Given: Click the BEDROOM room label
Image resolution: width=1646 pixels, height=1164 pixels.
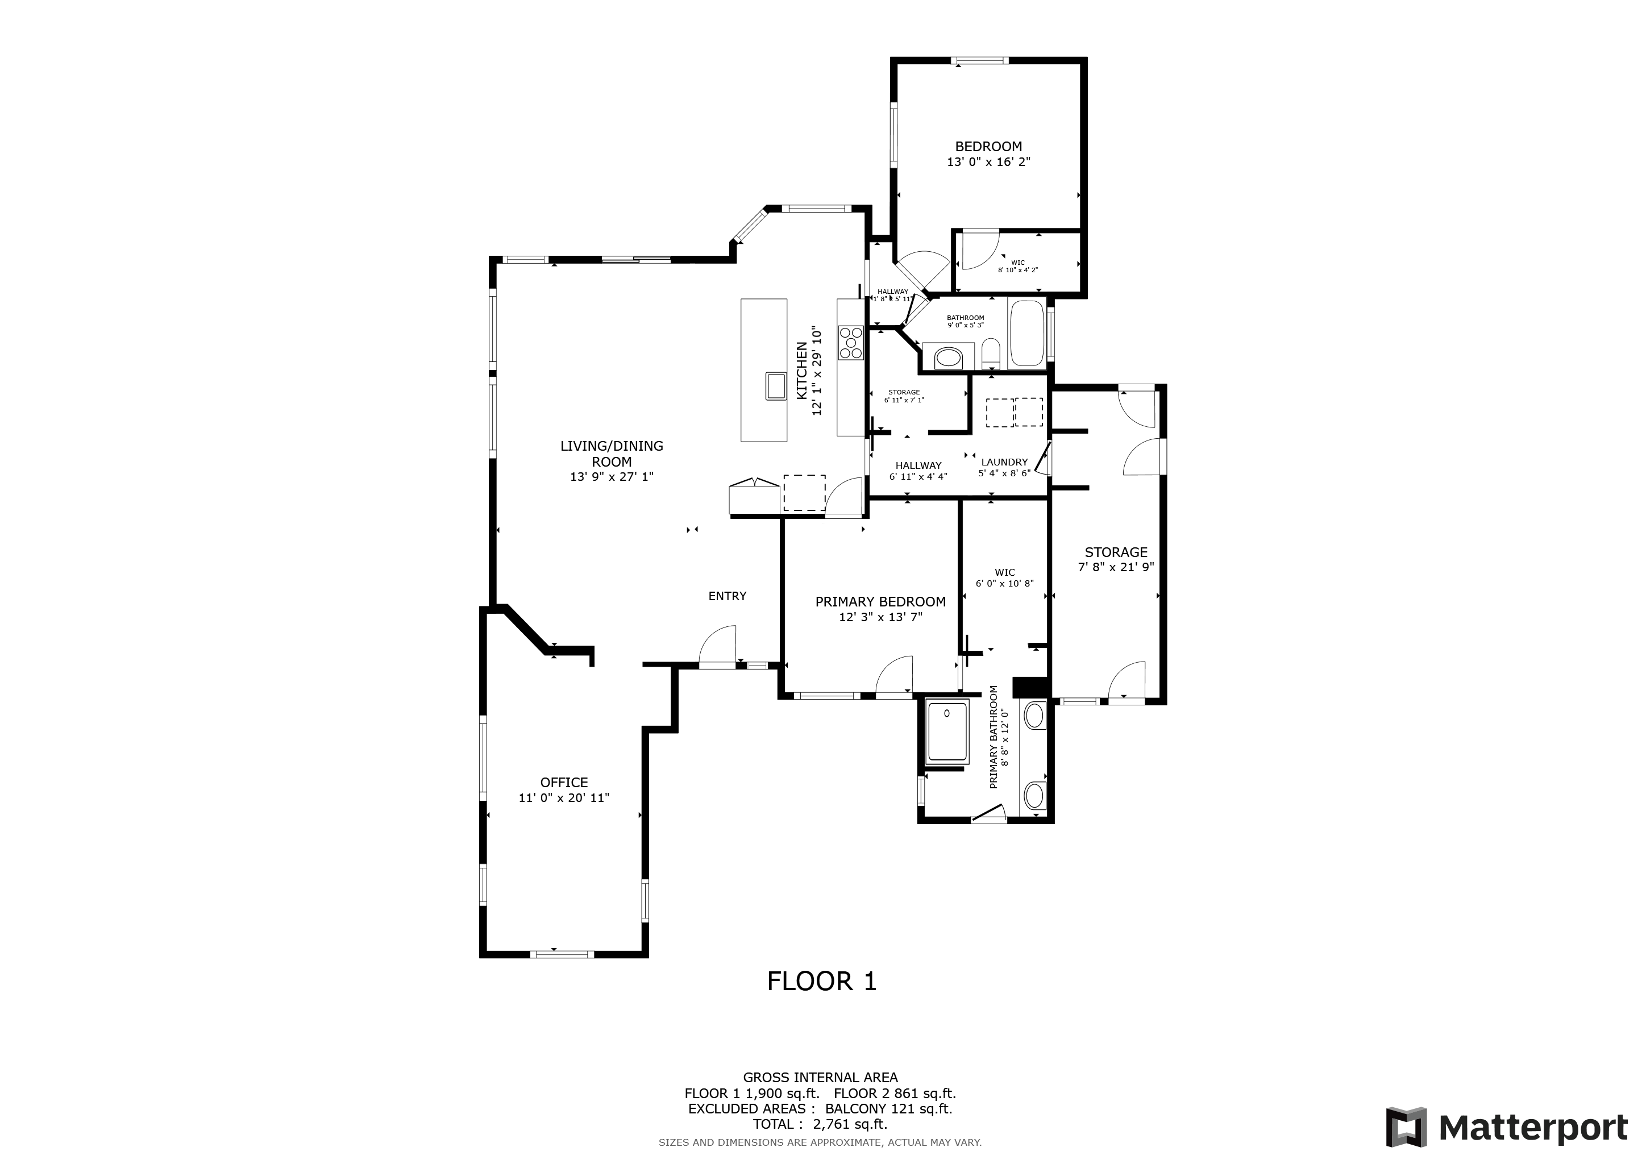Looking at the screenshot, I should [988, 146].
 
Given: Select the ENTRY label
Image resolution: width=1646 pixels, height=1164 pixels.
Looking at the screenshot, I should [727, 596].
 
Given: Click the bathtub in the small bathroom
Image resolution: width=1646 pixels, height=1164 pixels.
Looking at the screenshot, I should [1026, 333].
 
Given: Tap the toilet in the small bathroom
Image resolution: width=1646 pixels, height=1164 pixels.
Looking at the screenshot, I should [990, 351].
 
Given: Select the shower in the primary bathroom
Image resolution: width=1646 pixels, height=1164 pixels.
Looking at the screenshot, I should [947, 733].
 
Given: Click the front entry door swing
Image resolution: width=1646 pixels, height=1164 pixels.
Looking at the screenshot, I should [719, 647].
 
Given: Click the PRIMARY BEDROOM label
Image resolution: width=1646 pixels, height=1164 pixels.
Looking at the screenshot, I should [880, 601].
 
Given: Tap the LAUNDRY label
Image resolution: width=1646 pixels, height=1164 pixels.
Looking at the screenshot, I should [1004, 462].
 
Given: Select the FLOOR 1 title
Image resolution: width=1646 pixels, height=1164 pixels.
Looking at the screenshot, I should [821, 981].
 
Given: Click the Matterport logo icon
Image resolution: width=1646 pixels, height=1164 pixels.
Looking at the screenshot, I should [1406, 1128].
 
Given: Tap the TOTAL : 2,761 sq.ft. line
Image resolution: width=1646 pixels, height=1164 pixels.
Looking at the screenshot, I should [820, 1124].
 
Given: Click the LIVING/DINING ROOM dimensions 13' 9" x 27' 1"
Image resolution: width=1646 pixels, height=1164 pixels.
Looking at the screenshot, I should [612, 477].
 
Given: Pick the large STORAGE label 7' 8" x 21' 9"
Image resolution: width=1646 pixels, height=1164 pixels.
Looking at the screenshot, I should [1116, 559].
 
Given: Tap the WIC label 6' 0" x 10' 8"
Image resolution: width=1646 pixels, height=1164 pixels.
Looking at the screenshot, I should [1004, 577].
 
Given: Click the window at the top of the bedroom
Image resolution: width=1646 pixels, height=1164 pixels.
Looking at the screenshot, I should [980, 61].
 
